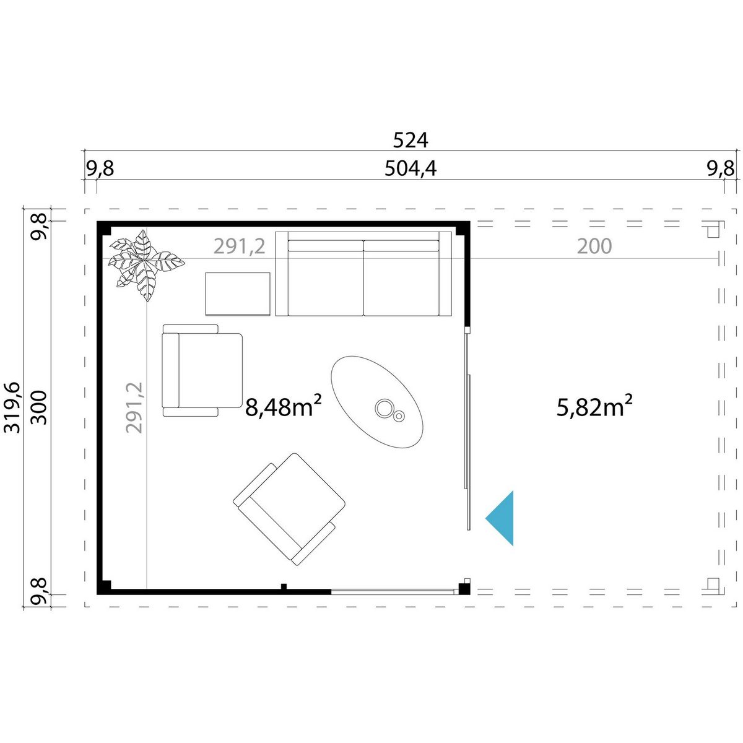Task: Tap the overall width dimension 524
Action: click(411, 141)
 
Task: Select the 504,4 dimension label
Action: click(411, 168)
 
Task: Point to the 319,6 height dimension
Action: click(12, 407)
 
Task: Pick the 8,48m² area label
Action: click(284, 406)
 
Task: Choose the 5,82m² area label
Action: click(594, 406)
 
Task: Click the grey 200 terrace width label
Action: click(594, 246)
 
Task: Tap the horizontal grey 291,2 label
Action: click(240, 246)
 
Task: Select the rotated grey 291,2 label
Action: click(134, 407)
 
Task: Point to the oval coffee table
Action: click(376, 402)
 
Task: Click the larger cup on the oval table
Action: click(385, 408)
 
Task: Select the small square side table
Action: click(238, 294)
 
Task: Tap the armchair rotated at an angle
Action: click(289, 509)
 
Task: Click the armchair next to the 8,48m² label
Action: click(202, 370)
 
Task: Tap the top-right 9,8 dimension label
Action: click(721, 168)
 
